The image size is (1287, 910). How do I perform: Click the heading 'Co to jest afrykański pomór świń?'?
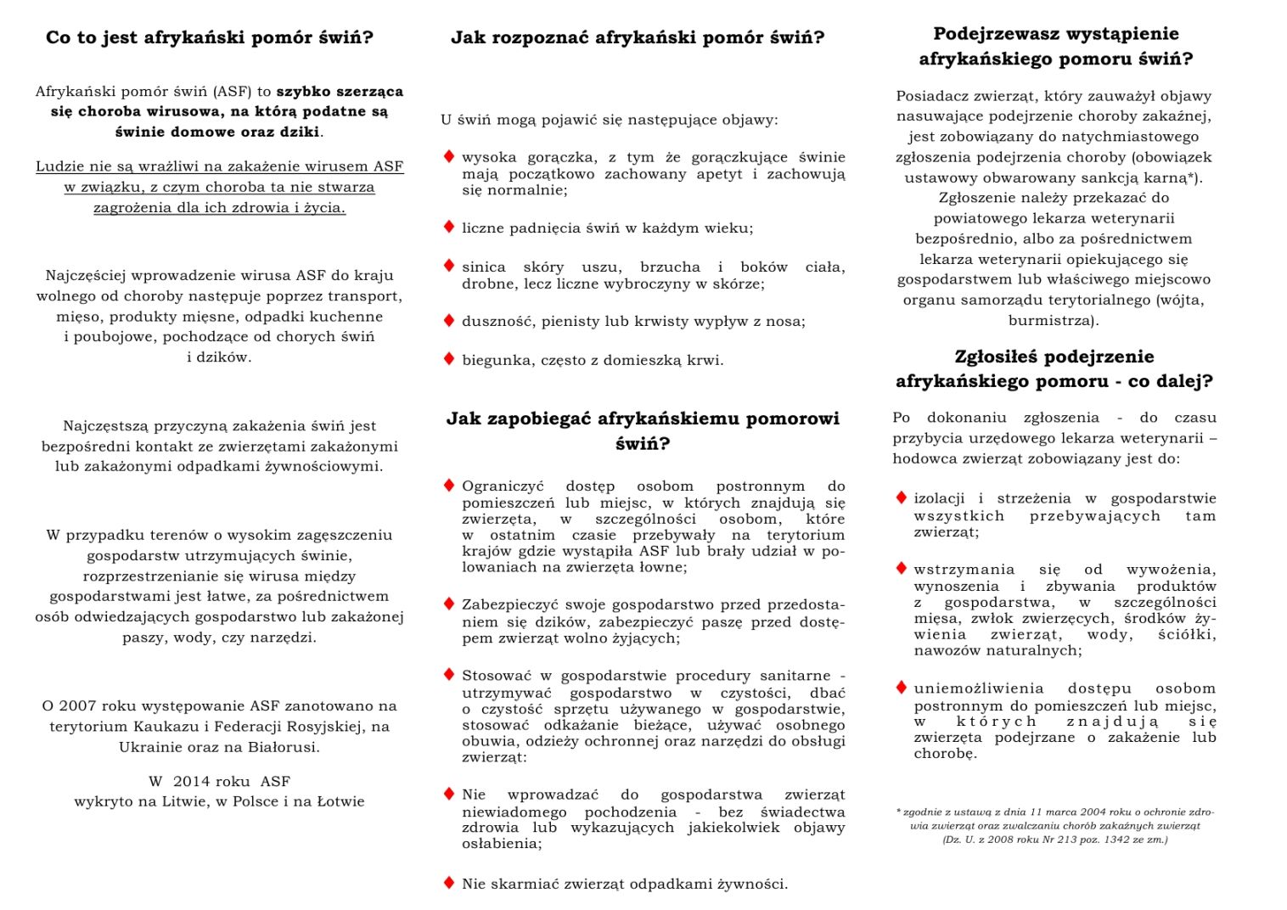(x=210, y=38)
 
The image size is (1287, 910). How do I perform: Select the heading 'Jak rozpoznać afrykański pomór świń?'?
(x=638, y=38)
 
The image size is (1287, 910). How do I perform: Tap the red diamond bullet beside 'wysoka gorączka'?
(x=449, y=156)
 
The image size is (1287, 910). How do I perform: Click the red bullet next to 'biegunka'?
(x=449, y=358)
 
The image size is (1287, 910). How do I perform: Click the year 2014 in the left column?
(x=191, y=782)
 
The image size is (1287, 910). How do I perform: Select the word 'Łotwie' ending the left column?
(x=340, y=802)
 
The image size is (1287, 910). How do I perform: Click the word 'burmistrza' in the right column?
(x=1052, y=321)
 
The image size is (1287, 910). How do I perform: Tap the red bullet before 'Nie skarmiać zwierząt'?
(x=449, y=883)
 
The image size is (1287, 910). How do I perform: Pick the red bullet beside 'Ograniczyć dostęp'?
(x=449, y=486)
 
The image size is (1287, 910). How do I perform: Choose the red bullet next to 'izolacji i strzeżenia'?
(x=902, y=497)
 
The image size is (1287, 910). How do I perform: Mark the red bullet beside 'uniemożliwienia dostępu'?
(x=902, y=688)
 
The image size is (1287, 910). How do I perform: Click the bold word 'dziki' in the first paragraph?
(x=302, y=132)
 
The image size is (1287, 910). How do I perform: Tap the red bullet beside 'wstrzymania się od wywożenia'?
(x=902, y=569)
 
